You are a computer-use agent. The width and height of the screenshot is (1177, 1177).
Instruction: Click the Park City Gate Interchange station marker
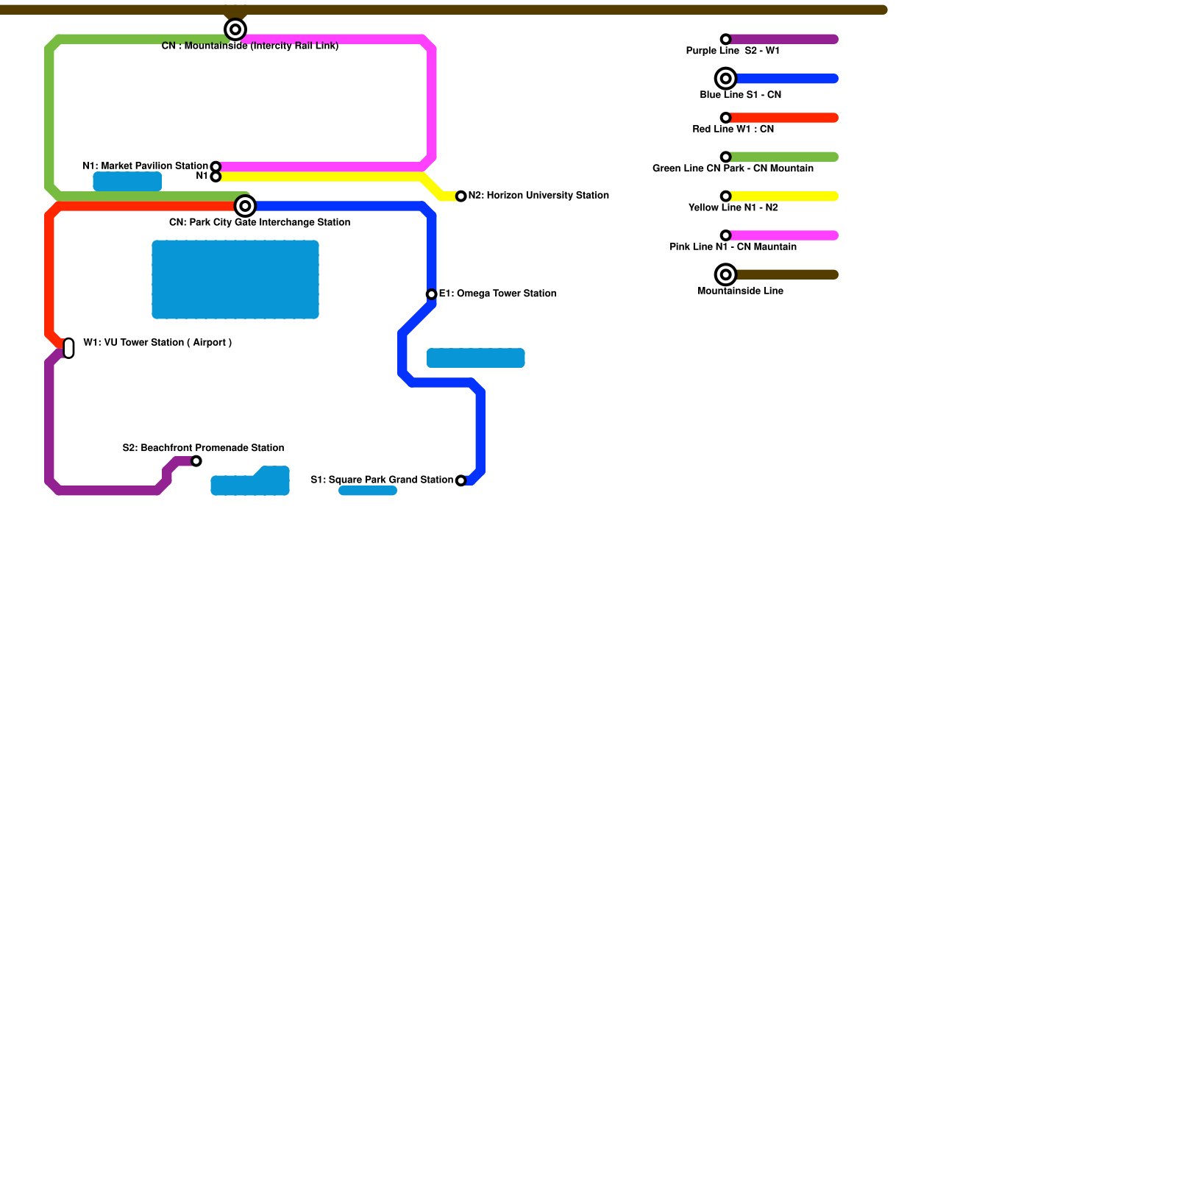pos(245,206)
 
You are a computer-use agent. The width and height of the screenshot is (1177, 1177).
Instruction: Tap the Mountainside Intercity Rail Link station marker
pos(235,29)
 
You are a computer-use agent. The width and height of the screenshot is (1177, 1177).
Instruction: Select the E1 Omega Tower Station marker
pos(432,294)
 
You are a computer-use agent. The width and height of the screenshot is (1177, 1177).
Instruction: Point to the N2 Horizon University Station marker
pos(461,196)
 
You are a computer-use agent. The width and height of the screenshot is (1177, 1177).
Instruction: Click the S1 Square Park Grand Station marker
pos(461,481)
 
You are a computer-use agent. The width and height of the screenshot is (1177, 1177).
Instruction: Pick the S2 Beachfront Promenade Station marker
pos(196,461)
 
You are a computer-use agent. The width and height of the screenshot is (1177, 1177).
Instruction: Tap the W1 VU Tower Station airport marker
pos(69,348)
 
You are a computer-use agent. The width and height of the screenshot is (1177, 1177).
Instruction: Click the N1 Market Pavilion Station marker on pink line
pos(216,167)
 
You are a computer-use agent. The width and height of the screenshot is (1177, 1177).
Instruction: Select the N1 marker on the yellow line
pos(216,177)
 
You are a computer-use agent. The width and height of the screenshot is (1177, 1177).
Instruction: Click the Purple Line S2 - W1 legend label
pos(733,51)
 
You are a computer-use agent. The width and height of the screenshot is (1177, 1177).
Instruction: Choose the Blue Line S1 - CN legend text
pos(740,95)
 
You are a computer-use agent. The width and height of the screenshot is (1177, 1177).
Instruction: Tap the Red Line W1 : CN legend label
pos(733,129)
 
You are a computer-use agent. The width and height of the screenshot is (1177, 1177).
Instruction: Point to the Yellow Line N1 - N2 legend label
pos(733,207)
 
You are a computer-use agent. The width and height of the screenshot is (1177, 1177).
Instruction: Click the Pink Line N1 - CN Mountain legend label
pos(733,247)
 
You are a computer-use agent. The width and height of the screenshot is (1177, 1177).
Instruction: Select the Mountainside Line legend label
pos(740,291)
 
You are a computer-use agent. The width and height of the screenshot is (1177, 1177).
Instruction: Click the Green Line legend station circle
pos(726,157)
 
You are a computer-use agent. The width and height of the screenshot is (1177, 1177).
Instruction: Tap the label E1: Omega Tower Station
pos(497,294)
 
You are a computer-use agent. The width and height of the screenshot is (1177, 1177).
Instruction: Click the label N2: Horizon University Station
pos(538,196)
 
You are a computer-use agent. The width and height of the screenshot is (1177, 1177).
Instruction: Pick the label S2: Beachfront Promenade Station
pos(203,448)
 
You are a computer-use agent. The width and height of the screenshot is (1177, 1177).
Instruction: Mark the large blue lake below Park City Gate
pos(235,280)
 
